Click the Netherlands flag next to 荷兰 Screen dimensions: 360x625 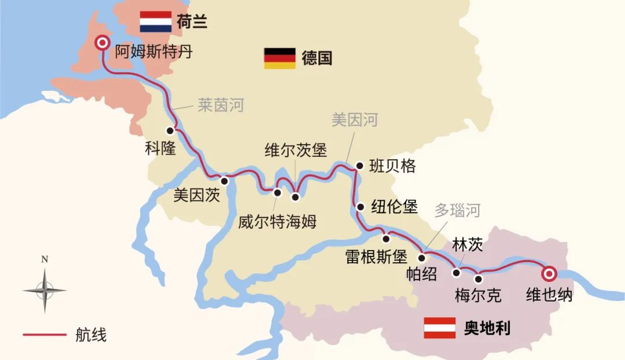coord(156,21)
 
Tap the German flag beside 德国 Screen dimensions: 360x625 coord(280,58)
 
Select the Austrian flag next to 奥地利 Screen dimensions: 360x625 coord(440,328)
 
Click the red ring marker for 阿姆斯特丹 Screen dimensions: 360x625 coord(103,42)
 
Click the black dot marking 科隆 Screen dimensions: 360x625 coord(170,130)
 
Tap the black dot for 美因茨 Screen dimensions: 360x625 coord(225,181)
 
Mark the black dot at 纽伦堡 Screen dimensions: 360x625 coord(360,207)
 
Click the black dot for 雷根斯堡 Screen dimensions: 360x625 coord(385,238)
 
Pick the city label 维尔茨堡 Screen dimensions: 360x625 coord(296,150)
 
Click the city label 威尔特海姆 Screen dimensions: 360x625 coord(278,222)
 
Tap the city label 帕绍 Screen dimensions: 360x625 coord(421,274)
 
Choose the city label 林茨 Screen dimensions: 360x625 coord(468,245)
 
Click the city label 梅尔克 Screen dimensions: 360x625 coord(478,296)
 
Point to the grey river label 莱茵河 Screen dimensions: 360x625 coord(220,105)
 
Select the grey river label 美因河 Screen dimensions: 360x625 coord(355,120)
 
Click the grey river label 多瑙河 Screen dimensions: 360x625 coord(457,210)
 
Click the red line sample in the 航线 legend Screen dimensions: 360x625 coord(45,335)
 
